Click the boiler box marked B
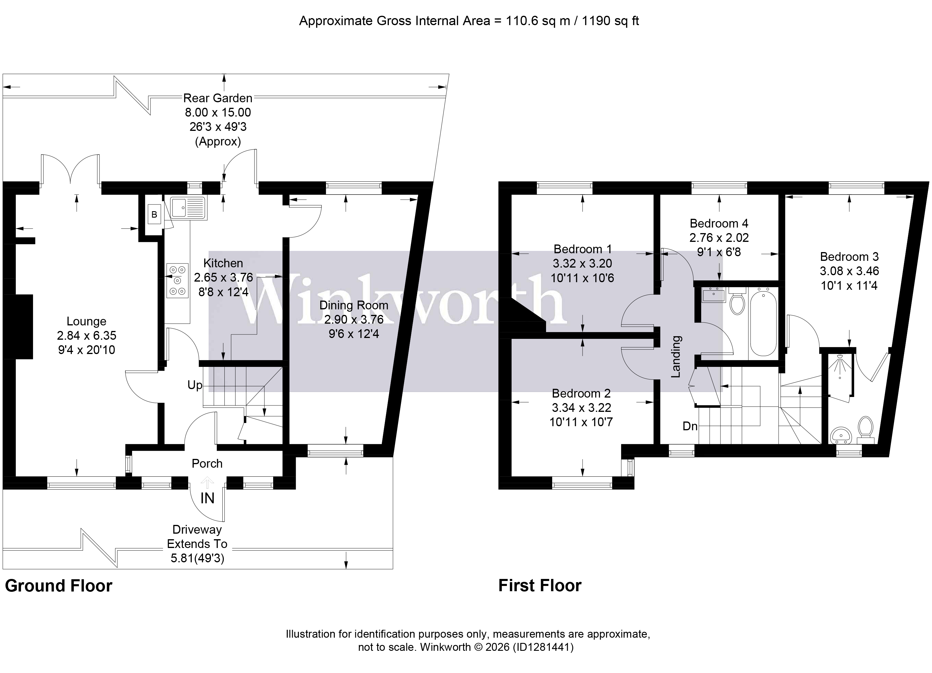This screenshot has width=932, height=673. (x=154, y=214)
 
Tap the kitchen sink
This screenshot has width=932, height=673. (x=189, y=207)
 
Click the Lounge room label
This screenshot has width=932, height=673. (x=86, y=321)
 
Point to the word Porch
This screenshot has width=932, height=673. (x=207, y=464)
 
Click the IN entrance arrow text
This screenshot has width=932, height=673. (x=207, y=498)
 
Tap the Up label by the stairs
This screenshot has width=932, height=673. (x=195, y=385)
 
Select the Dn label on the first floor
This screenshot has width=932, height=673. (x=690, y=426)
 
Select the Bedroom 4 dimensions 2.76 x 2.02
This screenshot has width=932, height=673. (x=719, y=237)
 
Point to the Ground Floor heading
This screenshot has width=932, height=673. (x=58, y=585)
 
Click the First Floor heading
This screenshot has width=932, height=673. (x=540, y=585)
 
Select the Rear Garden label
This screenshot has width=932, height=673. (x=217, y=98)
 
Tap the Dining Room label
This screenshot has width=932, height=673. (x=354, y=305)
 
